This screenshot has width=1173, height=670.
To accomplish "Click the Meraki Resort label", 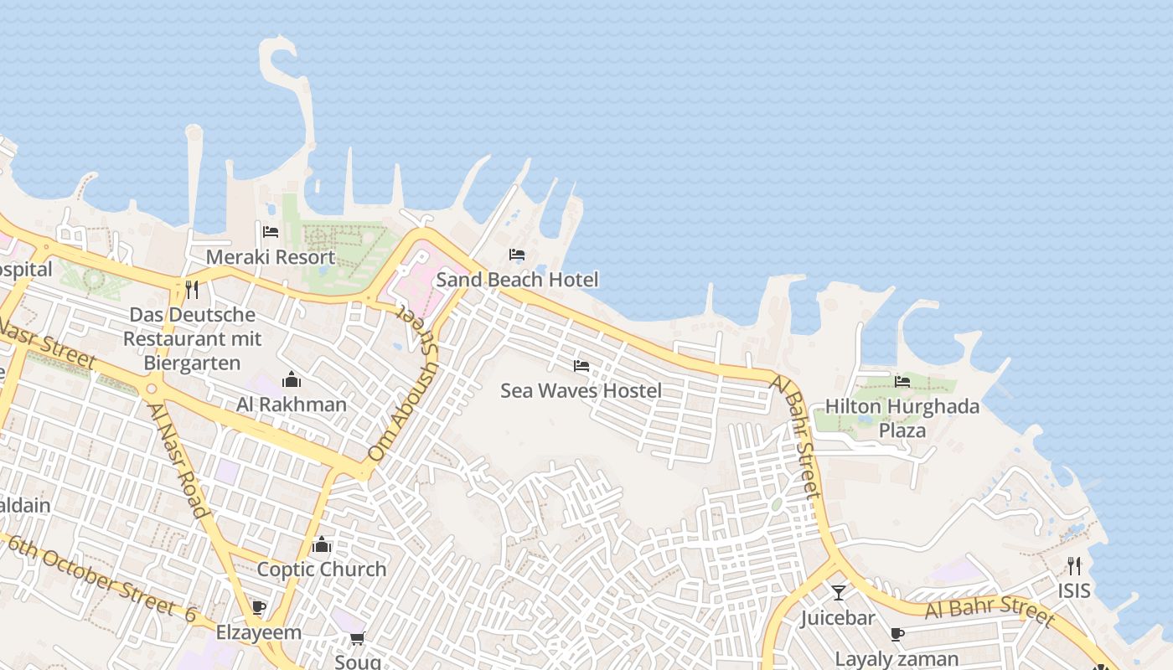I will click(x=271, y=257).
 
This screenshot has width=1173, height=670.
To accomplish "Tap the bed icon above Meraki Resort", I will click(x=271, y=232).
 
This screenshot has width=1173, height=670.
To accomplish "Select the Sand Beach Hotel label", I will click(x=517, y=279).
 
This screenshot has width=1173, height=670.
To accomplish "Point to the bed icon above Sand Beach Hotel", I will click(x=517, y=255).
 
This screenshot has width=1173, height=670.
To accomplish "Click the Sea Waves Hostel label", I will click(x=581, y=390).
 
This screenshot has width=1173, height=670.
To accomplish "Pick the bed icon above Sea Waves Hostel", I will click(x=581, y=366).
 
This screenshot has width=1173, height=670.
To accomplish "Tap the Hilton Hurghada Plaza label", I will click(x=902, y=418).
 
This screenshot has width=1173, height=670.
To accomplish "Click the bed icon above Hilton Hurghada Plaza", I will click(x=902, y=382).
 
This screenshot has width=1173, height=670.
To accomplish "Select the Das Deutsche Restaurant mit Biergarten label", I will click(x=193, y=338).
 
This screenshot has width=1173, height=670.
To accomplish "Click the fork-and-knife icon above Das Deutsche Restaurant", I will click(x=193, y=290).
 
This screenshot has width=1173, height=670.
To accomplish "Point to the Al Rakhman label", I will click(x=292, y=405).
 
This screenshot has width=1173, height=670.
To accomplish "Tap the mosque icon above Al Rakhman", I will click(x=292, y=380).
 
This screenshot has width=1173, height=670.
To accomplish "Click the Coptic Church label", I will click(x=322, y=569).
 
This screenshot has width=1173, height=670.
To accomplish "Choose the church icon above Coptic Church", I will click(x=322, y=545).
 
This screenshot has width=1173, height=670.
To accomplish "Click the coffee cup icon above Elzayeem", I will click(x=259, y=607).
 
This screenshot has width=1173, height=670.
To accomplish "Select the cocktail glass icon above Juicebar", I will click(x=839, y=593).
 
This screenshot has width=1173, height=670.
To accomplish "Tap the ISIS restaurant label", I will click(x=1074, y=590).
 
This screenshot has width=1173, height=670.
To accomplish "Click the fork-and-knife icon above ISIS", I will click(x=1074, y=565).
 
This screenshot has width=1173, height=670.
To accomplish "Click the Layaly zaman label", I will click(x=897, y=658).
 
